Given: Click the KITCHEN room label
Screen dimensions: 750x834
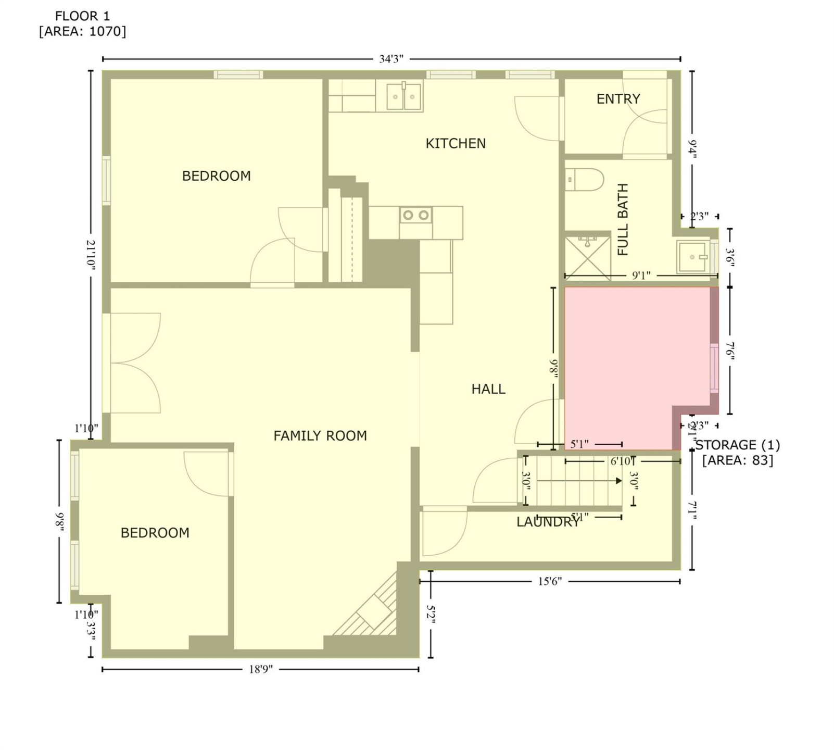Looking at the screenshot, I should point(456,143).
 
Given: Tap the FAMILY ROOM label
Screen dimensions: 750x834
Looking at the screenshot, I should point(320,435).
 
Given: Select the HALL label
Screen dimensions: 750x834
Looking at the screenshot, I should point(488,389).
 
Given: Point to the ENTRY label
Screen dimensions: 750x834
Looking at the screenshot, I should point(618,98).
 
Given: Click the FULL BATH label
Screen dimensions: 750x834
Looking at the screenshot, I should point(623,219).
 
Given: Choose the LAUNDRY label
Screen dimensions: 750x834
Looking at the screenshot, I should point(548,522).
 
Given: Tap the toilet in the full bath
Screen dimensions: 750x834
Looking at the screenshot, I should point(584,180).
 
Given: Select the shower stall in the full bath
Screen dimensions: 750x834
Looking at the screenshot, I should point(587,255).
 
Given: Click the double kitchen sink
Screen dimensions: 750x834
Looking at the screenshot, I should point(403,96).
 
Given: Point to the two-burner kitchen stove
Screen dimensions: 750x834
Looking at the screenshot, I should point(416,215).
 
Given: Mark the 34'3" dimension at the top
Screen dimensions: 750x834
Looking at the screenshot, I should point(391,59).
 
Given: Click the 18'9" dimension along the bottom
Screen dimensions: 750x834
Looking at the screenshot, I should point(260,669).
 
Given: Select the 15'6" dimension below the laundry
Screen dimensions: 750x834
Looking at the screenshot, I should point(550,581).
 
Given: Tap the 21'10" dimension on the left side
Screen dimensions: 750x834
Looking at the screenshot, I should point(91,254).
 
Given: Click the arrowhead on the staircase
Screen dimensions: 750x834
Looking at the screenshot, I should point(618,481).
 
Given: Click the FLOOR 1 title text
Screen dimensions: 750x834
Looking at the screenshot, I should point(82,16).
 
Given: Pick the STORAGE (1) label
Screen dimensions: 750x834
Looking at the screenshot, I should point(738,445).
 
